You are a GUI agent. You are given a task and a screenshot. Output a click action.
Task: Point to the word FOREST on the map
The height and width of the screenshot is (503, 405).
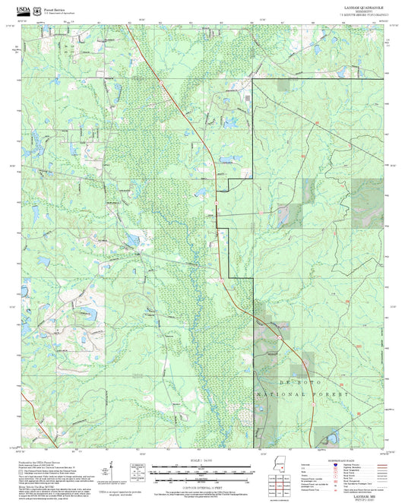click(x=332, y=396)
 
